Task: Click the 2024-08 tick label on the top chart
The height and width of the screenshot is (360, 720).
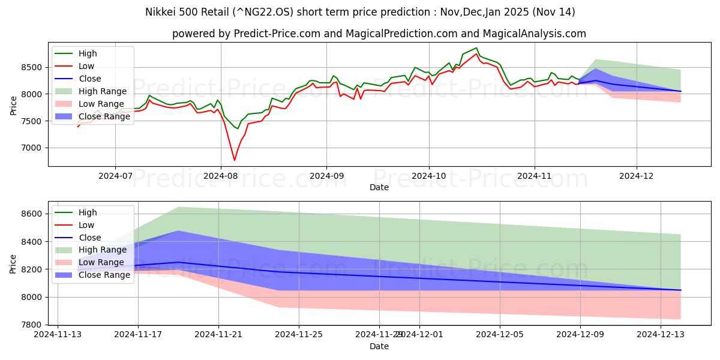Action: tap(221, 176)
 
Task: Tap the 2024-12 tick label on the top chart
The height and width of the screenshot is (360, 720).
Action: tap(637, 176)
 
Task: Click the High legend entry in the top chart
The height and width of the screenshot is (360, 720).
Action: tap(88, 54)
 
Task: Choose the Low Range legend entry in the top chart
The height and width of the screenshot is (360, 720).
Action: tap(102, 104)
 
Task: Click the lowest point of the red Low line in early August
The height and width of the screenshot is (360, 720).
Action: tap(235, 160)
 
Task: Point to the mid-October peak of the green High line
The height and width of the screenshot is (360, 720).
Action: tap(476, 48)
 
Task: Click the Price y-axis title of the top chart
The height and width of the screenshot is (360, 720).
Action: tap(14, 104)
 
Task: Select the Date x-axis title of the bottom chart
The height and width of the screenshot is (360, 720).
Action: tap(379, 346)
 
